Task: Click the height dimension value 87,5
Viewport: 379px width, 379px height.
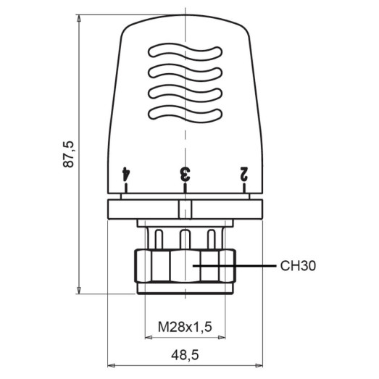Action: pyautogui.click(x=70, y=155)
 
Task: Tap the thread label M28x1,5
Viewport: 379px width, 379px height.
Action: pyautogui.click(x=185, y=327)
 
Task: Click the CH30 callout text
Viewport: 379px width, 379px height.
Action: pyautogui.click(x=298, y=266)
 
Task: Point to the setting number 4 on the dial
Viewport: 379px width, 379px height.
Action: pyautogui.click(x=125, y=173)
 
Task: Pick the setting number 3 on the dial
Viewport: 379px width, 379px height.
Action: pyautogui.click(x=185, y=173)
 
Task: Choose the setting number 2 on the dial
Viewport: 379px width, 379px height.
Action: pyautogui.click(x=244, y=173)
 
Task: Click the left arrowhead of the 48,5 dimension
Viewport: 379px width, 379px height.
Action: pyautogui.click(x=111, y=365)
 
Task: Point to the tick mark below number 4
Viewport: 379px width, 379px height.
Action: pyautogui.click(x=125, y=189)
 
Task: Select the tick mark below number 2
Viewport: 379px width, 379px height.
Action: pyautogui.click(x=244, y=189)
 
